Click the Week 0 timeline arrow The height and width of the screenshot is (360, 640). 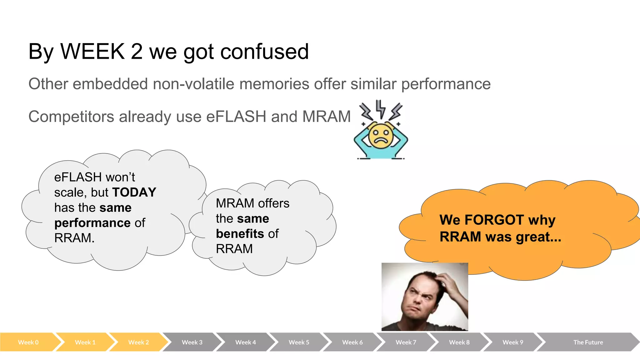[x=28, y=342]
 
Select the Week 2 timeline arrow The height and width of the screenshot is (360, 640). [x=138, y=342]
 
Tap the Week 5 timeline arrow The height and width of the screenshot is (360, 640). [x=299, y=342]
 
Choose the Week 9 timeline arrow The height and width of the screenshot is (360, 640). [x=512, y=342]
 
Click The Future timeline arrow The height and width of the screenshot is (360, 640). [x=588, y=342]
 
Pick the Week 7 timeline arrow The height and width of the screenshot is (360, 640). [x=406, y=342]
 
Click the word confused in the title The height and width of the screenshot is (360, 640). [x=264, y=52]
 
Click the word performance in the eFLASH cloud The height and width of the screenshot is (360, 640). [x=92, y=223]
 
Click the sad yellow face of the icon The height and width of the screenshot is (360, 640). [x=380, y=136]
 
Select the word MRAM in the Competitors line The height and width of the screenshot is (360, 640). [x=326, y=117]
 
